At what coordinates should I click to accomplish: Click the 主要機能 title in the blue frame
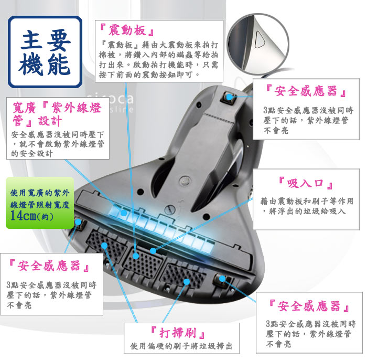tap(45, 52)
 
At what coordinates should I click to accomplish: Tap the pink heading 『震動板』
tap(127, 30)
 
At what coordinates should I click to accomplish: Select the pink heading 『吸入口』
tap(306, 183)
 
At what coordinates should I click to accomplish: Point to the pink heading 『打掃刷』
tap(178, 333)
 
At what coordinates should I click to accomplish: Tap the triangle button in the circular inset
tap(260, 39)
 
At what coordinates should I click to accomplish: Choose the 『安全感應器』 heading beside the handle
tap(306, 91)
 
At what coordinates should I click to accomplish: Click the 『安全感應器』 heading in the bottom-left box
tap(49, 266)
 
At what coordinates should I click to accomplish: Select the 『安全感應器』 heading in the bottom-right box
tap(309, 306)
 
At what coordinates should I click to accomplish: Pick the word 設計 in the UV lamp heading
tap(50, 121)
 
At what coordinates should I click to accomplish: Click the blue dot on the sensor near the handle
tap(230, 97)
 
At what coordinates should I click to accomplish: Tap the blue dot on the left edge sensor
tap(78, 222)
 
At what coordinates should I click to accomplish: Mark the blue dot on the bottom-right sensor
tap(222, 279)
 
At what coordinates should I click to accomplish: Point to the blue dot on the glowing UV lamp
tap(124, 213)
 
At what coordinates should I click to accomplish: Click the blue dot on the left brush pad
tap(104, 246)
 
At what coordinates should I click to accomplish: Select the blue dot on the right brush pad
tap(187, 282)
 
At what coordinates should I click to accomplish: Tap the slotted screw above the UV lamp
tap(169, 210)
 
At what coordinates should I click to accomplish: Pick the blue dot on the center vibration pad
tap(136, 256)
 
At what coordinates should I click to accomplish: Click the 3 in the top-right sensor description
tap(265, 110)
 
